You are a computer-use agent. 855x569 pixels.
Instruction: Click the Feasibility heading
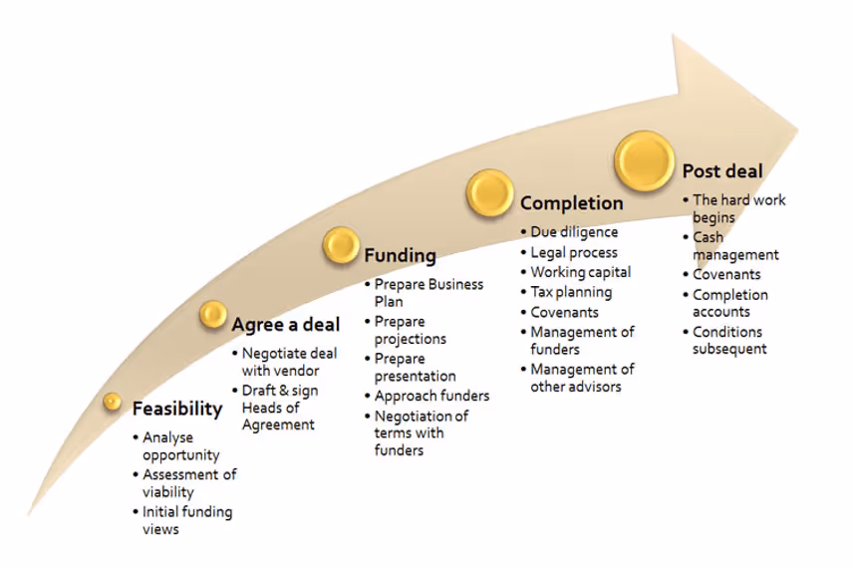coord(177,409)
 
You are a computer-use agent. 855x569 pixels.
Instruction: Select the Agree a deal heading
coord(286,324)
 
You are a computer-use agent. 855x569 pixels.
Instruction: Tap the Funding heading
coord(400,255)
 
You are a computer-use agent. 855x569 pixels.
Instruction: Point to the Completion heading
coord(571,203)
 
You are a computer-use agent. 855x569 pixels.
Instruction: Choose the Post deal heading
coord(721,170)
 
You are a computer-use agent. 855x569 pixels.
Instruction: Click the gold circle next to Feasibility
coord(113,402)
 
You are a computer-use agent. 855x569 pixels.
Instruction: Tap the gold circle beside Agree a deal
coord(212,315)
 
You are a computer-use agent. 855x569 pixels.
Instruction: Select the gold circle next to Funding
coord(341,244)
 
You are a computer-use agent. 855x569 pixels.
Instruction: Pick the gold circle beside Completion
coord(490,192)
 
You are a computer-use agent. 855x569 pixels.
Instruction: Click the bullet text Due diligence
coord(574,232)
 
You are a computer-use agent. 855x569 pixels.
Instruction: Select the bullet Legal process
coord(574,252)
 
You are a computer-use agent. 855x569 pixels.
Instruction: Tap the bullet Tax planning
coord(571,292)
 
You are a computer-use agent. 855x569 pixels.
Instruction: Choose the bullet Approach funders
coord(431,396)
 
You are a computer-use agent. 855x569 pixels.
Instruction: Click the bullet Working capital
coord(581,272)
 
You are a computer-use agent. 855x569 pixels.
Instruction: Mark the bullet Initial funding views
coord(186,520)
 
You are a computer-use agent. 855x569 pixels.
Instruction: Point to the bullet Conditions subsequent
coord(729,340)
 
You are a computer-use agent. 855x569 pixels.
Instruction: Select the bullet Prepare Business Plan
coord(428,292)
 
